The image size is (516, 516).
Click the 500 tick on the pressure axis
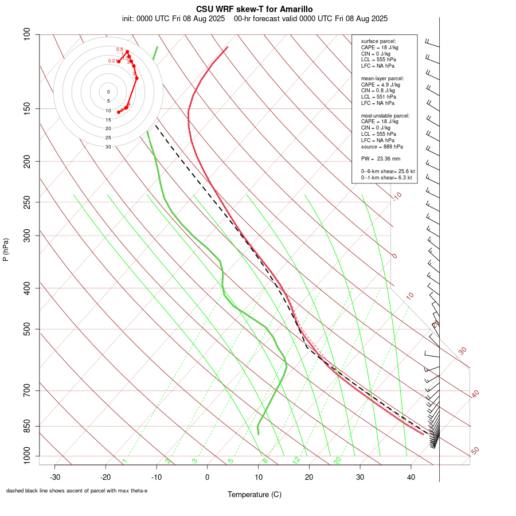pos(28,329)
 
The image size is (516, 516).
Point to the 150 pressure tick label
pos(28,108)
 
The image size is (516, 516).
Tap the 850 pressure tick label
pos(28,426)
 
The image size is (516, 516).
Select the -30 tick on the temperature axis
pos(55,477)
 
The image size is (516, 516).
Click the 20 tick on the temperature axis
pos(309,477)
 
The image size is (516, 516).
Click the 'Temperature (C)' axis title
pos(255,494)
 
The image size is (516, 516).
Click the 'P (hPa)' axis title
pos(6,249)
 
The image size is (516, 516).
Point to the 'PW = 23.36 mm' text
pos(381,158)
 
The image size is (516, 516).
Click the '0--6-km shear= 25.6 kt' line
pos(388,171)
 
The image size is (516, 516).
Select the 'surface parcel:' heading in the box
pos(378,41)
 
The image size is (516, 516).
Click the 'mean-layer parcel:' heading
pos(382,78)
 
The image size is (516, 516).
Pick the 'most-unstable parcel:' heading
pos(385,116)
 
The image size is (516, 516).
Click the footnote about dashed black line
pos(77,491)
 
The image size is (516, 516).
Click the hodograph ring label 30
pos(108,147)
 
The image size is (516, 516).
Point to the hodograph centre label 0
pos(108,92)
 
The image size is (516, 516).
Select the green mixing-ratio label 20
pos(337,460)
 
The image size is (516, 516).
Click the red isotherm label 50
pos(475,451)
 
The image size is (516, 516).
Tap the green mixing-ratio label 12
pos(296,460)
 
